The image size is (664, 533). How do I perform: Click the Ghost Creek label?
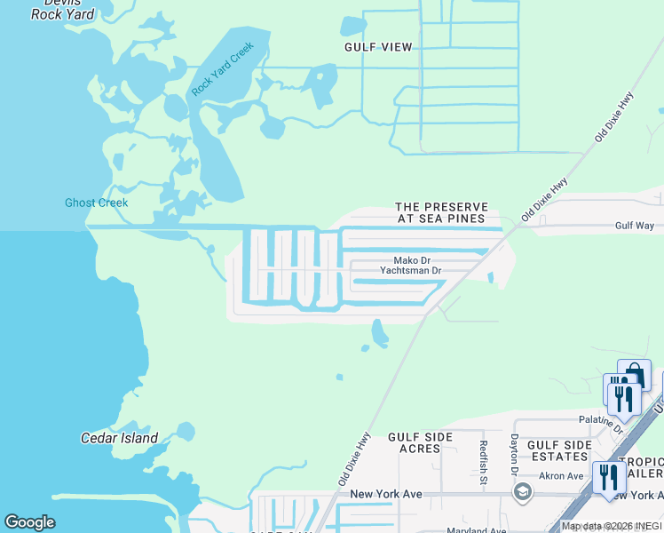[x=96, y=203]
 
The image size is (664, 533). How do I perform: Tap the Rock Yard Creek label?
[x=222, y=69]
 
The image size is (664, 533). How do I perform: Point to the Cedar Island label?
[x=119, y=438]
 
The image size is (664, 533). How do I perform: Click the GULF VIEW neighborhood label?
[x=379, y=46]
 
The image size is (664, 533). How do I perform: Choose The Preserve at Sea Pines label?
[x=440, y=212]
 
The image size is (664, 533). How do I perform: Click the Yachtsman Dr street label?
[x=410, y=270]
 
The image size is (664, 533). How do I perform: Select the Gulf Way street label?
[x=634, y=227]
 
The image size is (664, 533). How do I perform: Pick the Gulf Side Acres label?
[x=421, y=442]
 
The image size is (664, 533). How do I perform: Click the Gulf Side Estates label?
[x=559, y=450]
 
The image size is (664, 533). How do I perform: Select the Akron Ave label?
[x=562, y=476]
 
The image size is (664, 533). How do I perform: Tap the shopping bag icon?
[x=635, y=372]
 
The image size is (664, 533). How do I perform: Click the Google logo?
[x=30, y=522]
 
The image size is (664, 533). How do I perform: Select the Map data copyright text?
[x=612, y=527]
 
